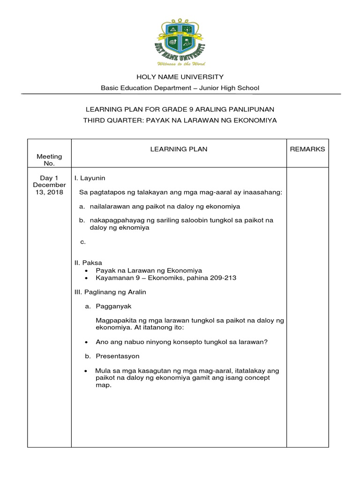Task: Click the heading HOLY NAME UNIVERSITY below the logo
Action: (x=180, y=76)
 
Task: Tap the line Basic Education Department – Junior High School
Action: (x=180, y=88)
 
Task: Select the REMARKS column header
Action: (x=307, y=149)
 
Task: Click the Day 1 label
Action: (x=49, y=178)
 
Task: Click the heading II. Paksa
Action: (x=89, y=262)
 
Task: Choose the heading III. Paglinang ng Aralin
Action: (x=111, y=292)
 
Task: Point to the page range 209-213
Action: (x=220, y=277)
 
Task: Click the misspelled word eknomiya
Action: (x=135, y=228)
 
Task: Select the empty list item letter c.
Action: (x=83, y=242)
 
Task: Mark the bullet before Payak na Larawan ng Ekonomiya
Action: (x=87, y=270)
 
